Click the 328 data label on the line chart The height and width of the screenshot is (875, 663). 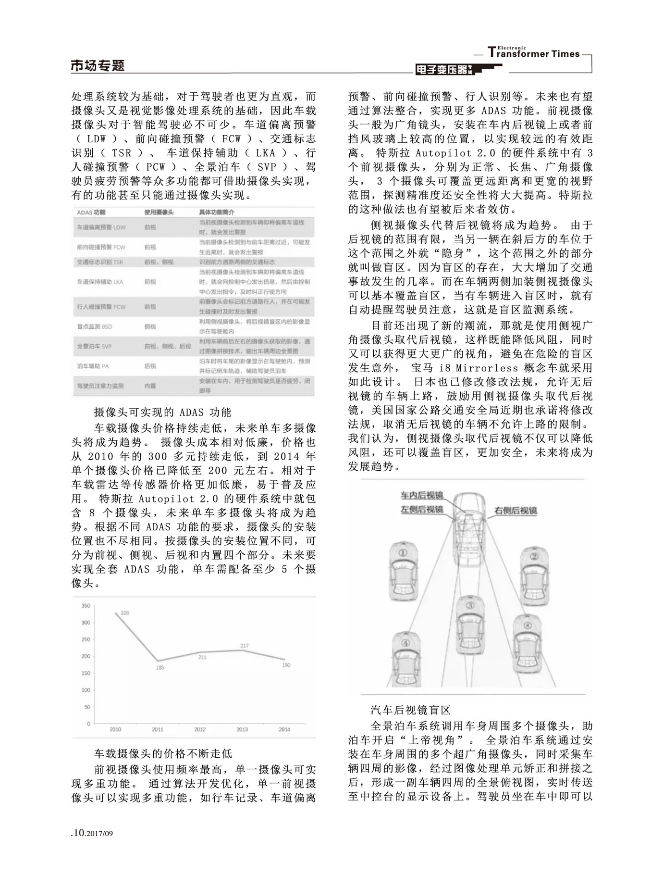(x=125, y=613)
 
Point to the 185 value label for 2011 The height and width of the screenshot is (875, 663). (x=160, y=668)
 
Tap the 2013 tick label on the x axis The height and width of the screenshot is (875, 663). (x=242, y=729)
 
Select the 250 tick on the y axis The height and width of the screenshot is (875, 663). (x=85, y=639)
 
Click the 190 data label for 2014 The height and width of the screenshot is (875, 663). (x=286, y=665)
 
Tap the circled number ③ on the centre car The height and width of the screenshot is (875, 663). (x=470, y=605)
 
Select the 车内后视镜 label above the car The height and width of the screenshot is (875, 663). (x=422, y=495)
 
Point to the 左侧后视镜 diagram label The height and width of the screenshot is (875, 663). (x=422, y=509)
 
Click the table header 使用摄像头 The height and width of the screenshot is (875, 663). (x=159, y=212)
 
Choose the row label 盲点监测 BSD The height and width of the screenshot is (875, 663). (x=95, y=326)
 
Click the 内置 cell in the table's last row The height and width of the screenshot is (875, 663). (x=150, y=386)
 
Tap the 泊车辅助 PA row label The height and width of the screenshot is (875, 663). (x=93, y=366)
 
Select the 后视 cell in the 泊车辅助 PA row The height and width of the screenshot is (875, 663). (x=150, y=366)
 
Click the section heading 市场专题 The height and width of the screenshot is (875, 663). (x=98, y=66)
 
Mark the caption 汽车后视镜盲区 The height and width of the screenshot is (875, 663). (x=410, y=710)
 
